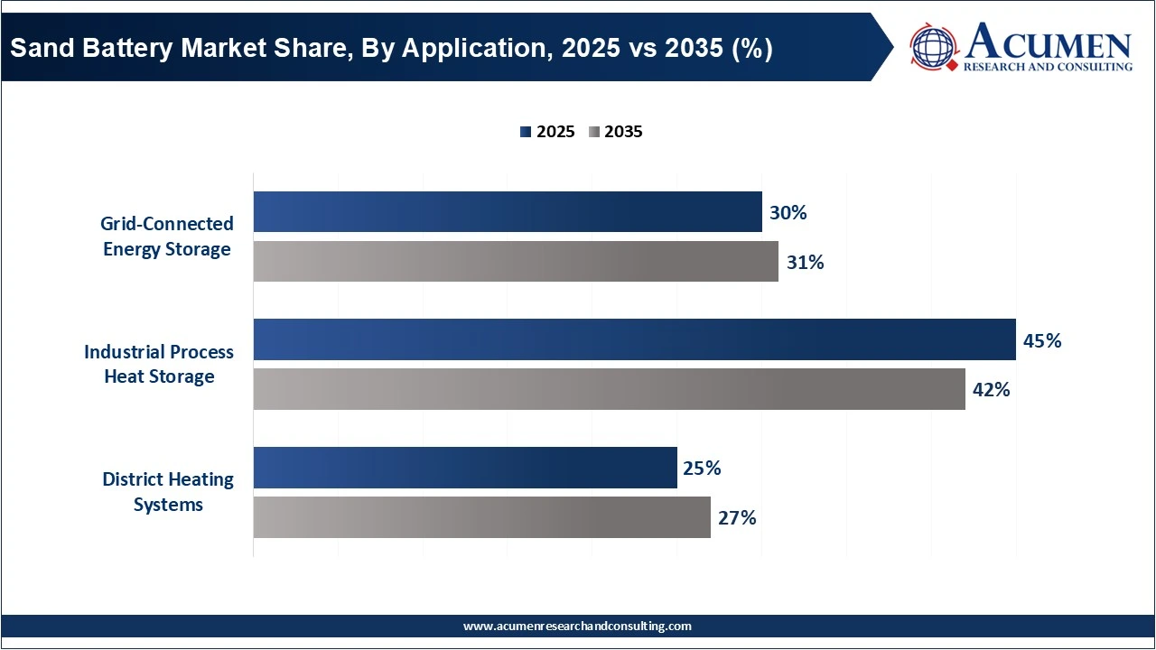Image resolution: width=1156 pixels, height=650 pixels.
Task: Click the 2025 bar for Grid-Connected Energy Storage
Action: point(508,212)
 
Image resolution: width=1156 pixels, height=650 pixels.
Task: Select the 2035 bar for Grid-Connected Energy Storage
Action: point(516,262)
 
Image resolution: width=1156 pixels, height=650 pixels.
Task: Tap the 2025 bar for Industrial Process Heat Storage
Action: point(634,339)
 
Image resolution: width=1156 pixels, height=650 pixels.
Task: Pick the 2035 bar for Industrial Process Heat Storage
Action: point(609,389)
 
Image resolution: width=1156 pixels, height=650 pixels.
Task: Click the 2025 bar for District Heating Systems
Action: point(465,468)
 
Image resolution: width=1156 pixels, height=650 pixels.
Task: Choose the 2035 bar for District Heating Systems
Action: point(481,517)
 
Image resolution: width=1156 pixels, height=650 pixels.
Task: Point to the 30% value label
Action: point(788,213)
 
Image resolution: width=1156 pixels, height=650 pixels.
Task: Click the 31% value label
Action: point(805,263)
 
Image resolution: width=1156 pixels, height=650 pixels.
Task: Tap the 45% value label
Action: point(1041,341)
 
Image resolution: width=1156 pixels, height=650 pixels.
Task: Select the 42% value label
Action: point(991,390)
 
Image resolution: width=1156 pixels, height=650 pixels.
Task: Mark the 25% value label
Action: point(703,469)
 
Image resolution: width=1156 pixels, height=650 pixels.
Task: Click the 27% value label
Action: point(737,518)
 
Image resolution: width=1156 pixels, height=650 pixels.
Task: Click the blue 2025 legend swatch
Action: point(526,132)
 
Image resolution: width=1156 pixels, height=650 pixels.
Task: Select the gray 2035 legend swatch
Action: point(593,132)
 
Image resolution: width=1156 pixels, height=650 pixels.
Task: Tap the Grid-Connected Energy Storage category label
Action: point(167,237)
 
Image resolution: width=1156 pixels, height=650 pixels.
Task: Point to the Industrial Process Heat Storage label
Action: point(159,364)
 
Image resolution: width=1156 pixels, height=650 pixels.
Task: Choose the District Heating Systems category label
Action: point(168,492)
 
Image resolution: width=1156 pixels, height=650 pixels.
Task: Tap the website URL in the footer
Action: point(577,626)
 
